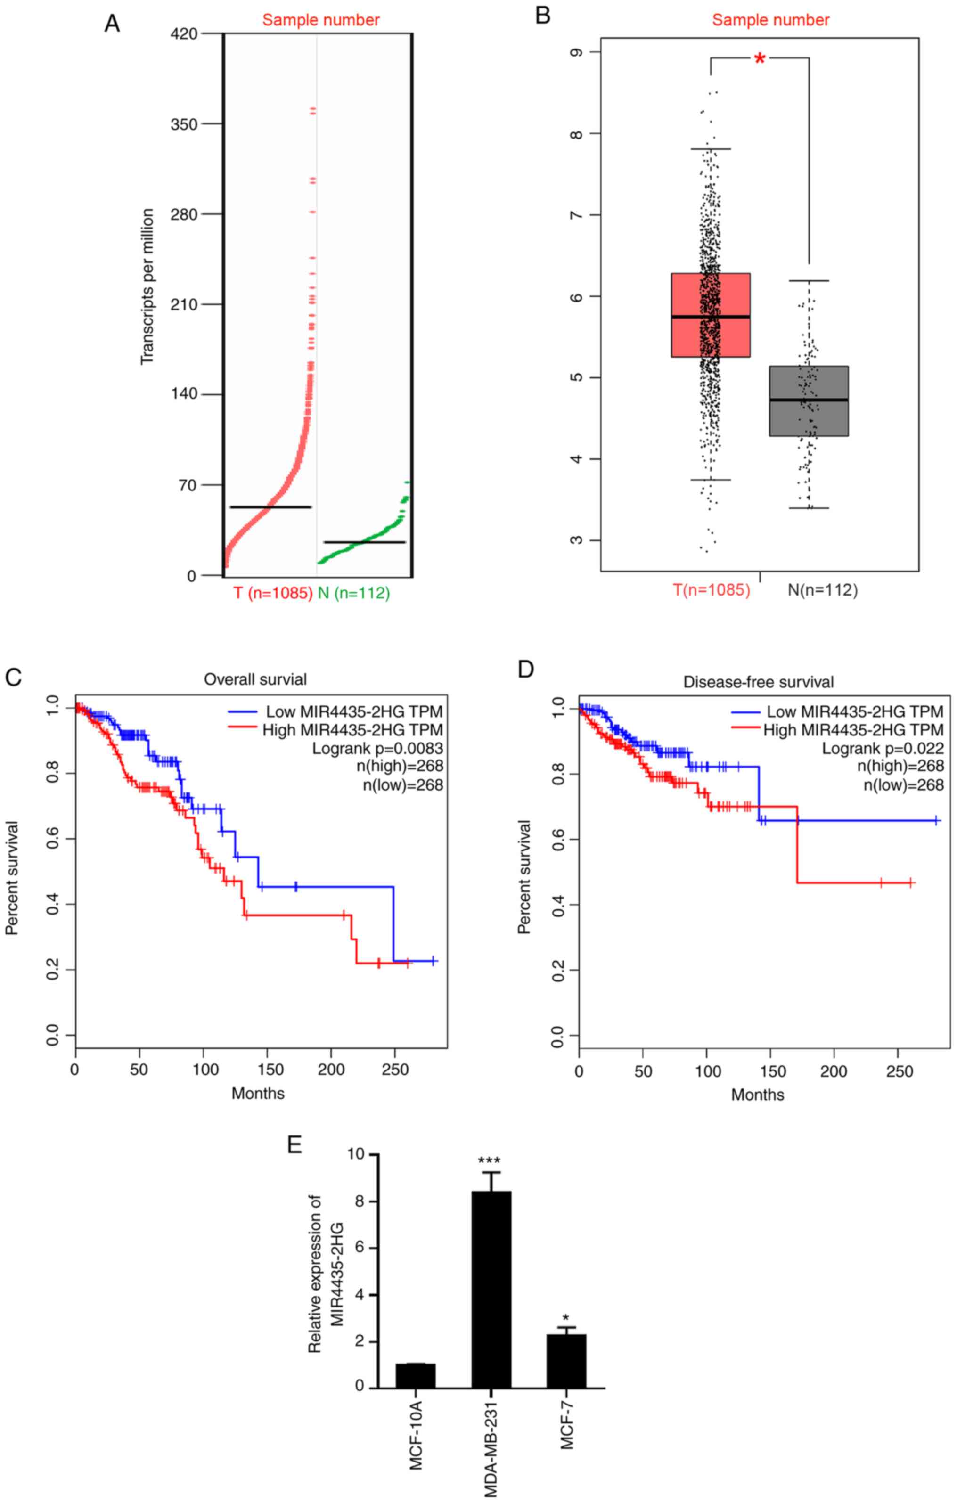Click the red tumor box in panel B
(x=711, y=315)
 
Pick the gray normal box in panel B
(x=809, y=400)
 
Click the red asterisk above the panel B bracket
(x=760, y=60)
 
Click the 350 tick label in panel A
(x=184, y=124)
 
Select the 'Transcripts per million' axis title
(x=147, y=287)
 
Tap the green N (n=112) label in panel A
(x=354, y=593)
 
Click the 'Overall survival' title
(x=255, y=678)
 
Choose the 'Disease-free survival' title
(x=759, y=682)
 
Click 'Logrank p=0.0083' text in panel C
(x=378, y=748)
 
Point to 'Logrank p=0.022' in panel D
(x=883, y=748)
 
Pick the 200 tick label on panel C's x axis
(x=331, y=1069)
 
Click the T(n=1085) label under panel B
(x=712, y=590)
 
